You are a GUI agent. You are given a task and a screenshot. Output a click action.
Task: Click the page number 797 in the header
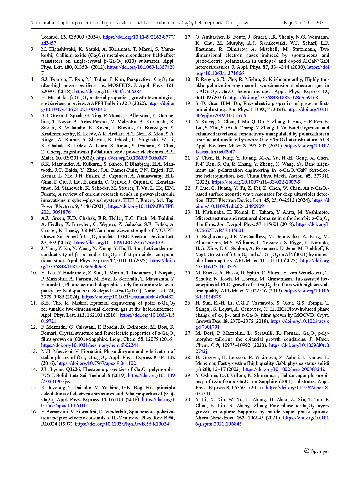click(319, 23)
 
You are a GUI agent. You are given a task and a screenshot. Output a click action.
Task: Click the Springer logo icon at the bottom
click(307, 451)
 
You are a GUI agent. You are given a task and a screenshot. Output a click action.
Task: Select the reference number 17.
click(188, 37)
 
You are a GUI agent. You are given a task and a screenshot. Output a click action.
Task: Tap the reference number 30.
click(188, 399)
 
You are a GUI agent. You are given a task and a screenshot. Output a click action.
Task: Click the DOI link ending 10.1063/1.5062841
click(109, 91)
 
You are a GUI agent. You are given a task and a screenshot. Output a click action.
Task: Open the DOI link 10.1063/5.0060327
click(131, 158)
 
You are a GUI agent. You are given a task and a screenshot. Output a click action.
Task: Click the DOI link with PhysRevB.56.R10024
click(122, 424)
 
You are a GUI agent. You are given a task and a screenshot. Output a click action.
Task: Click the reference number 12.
click(34, 327)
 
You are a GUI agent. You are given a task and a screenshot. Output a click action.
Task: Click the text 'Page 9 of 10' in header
click(296, 23)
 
